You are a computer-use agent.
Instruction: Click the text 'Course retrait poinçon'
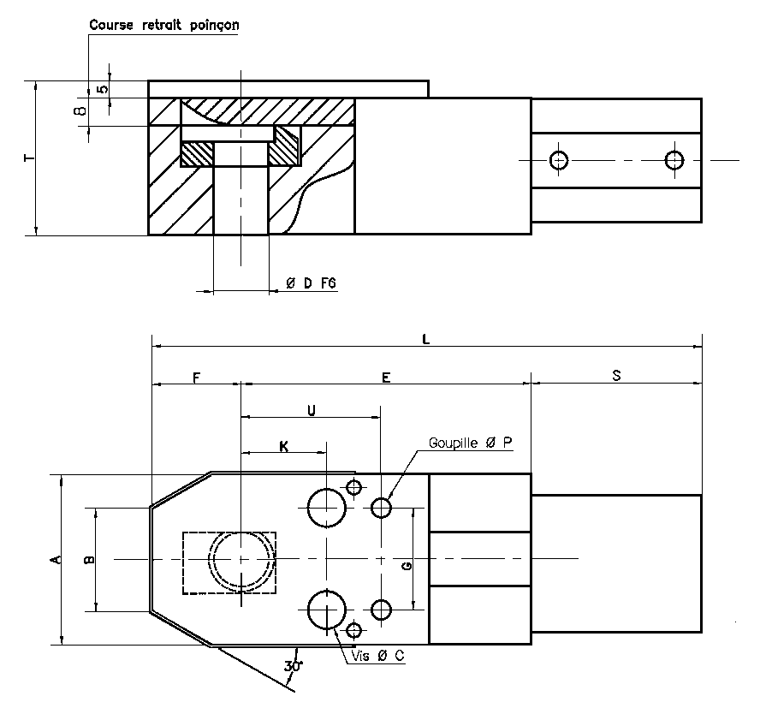(x=164, y=25)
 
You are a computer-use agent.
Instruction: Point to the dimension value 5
(x=104, y=89)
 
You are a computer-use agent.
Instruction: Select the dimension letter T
(x=28, y=158)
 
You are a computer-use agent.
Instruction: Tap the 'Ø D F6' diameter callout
(x=310, y=283)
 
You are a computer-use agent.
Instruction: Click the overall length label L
(x=426, y=339)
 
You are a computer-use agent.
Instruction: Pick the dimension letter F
(x=196, y=377)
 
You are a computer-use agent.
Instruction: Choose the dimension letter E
(x=386, y=377)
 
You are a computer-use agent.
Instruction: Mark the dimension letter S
(x=616, y=377)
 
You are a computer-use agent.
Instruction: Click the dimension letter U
(x=311, y=410)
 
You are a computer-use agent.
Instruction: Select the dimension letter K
(x=283, y=445)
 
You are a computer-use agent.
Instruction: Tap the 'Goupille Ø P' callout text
(x=470, y=443)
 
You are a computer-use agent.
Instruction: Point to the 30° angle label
(x=293, y=665)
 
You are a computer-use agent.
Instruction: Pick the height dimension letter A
(x=55, y=560)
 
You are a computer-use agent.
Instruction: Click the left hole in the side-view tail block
(x=560, y=159)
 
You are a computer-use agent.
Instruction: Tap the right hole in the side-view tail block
(x=674, y=159)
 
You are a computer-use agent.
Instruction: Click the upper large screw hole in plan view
(x=326, y=508)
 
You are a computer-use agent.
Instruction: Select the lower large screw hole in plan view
(x=326, y=610)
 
